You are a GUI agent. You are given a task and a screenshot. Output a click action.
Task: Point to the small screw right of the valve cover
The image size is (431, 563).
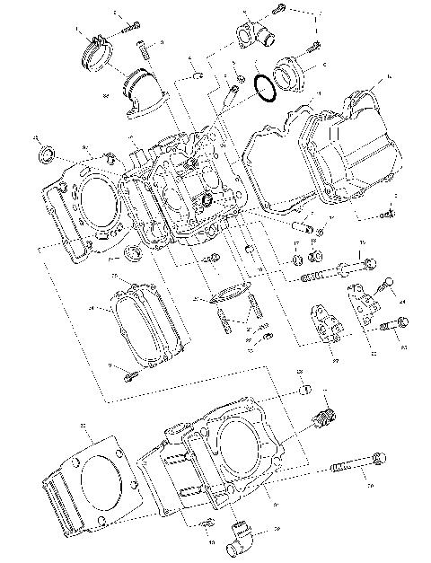point(385,214)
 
